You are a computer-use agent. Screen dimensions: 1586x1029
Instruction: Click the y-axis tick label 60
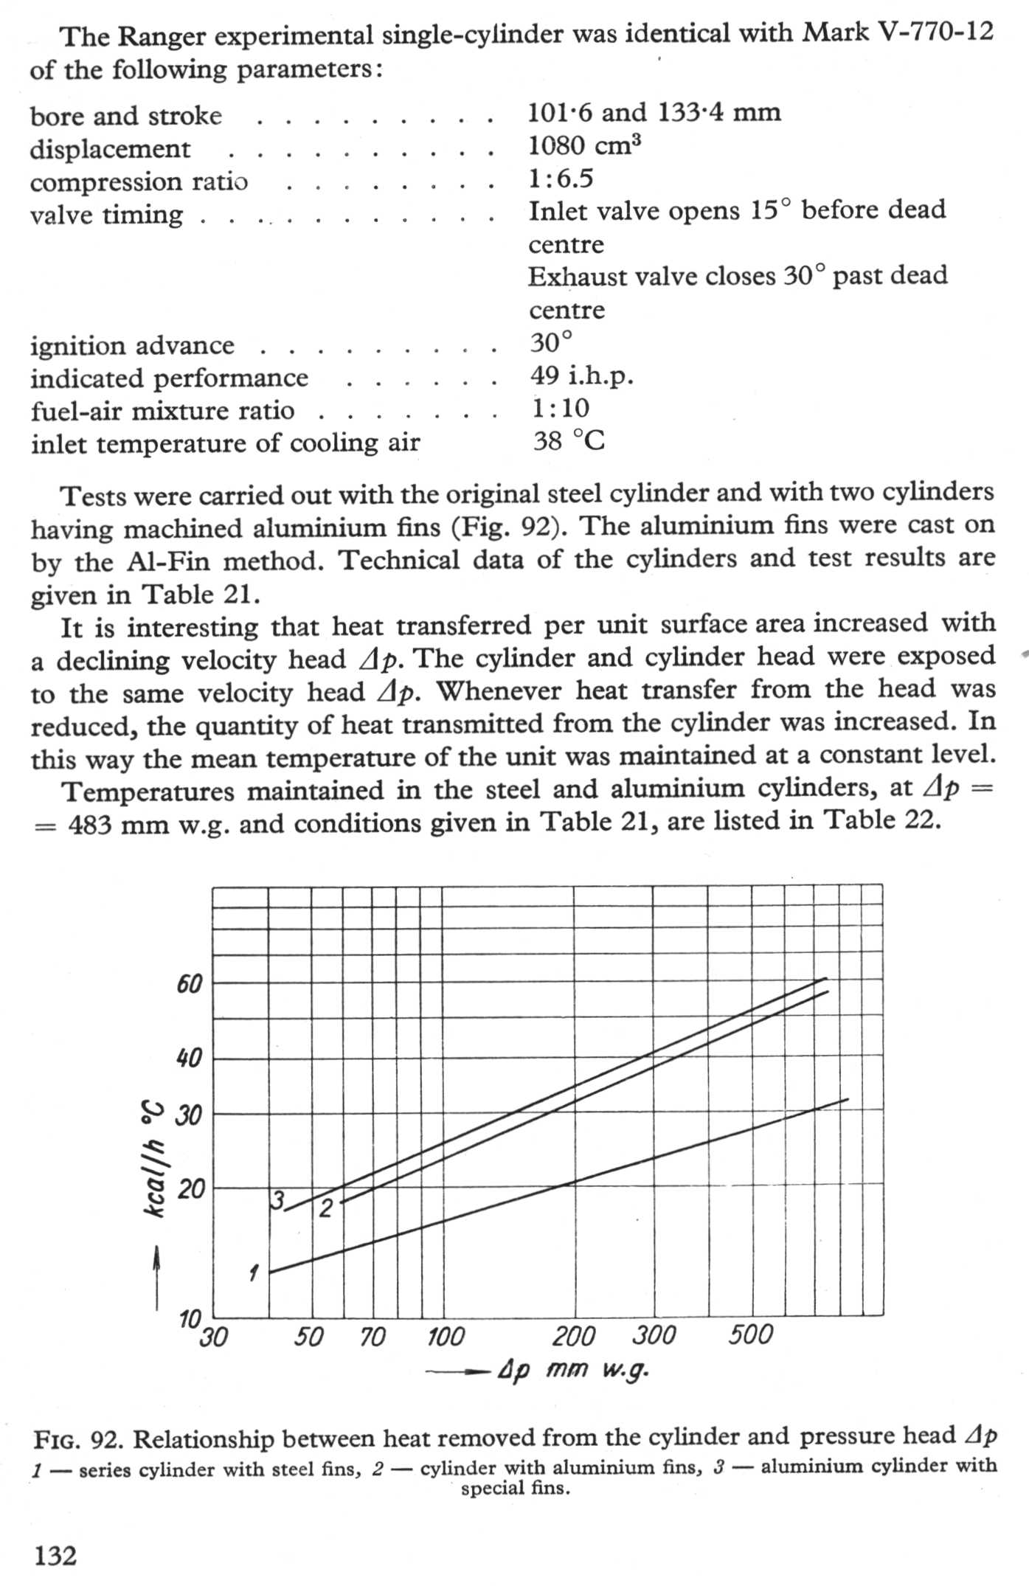coord(189,983)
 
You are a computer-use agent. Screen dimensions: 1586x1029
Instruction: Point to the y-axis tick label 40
coord(189,1059)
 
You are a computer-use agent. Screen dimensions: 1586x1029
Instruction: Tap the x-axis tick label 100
coord(446,1337)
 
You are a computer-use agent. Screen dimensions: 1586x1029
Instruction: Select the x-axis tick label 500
coord(750,1334)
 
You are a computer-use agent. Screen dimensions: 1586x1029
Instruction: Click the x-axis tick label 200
coord(573,1336)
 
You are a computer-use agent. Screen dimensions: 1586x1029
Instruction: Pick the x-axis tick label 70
coord(373,1337)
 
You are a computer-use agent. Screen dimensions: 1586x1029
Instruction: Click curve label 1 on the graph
coord(254,1272)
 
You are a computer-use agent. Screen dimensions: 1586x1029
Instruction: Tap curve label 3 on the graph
coord(277,1201)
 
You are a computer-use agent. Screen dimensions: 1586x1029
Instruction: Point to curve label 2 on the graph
coord(326,1208)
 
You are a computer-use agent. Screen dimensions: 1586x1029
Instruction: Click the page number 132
coord(55,1555)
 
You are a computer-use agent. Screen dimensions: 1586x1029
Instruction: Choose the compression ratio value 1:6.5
coord(561,179)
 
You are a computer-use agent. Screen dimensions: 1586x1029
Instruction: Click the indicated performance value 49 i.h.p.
coord(581,376)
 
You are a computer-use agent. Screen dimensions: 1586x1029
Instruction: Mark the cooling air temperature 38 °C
coord(569,441)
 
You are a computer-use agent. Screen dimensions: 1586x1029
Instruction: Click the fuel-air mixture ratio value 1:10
coord(561,409)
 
